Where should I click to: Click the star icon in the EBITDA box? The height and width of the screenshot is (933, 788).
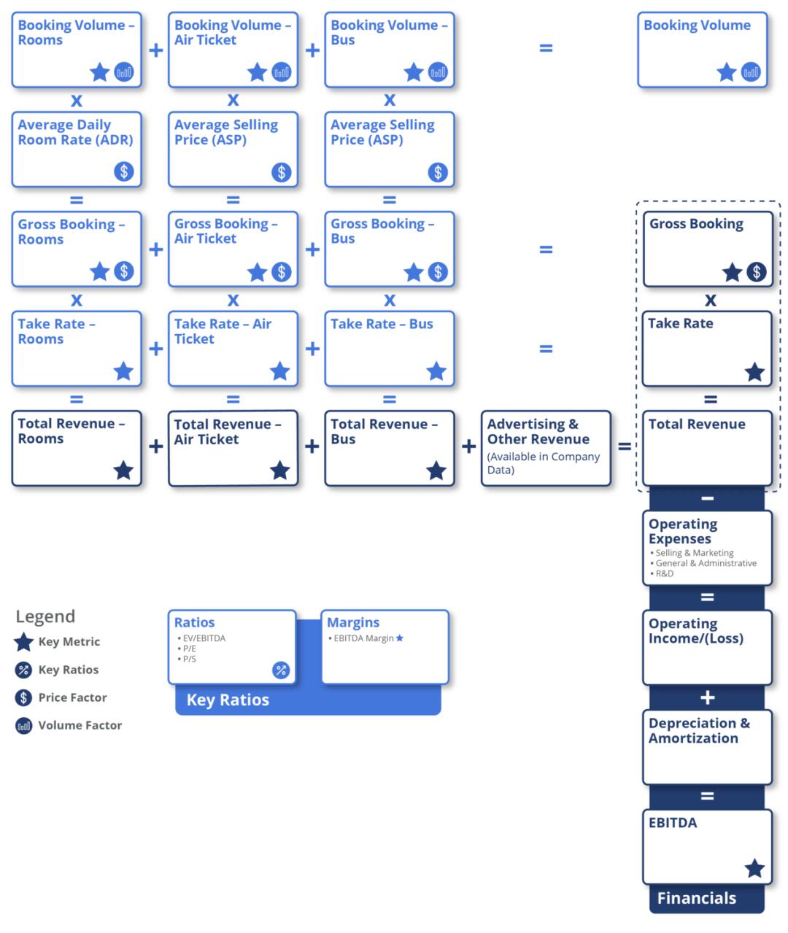(x=754, y=868)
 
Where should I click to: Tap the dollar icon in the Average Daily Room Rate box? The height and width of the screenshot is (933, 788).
(x=124, y=171)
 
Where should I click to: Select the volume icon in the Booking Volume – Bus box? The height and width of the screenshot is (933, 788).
(x=438, y=72)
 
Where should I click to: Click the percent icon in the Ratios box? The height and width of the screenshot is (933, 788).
(x=281, y=670)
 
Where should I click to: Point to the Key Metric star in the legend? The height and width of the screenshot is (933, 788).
(x=23, y=642)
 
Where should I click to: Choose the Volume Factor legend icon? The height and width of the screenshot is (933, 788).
(x=23, y=726)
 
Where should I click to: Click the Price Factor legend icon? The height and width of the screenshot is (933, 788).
(x=23, y=697)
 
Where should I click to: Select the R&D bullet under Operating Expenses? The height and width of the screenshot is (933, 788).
(x=662, y=573)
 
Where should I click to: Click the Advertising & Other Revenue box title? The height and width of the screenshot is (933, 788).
(x=538, y=431)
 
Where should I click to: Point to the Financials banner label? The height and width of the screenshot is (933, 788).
(x=696, y=898)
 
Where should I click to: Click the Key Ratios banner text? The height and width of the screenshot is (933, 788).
(x=228, y=700)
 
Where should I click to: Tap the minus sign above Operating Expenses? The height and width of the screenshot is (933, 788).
(x=707, y=498)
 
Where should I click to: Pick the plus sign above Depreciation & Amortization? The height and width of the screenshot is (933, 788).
(x=707, y=697)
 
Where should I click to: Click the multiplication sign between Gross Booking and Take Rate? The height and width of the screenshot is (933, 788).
(x=710, y=300)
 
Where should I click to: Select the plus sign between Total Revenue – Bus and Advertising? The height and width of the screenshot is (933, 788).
(x=468, y=446)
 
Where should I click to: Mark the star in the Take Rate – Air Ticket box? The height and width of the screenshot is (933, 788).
(x=279, y=371)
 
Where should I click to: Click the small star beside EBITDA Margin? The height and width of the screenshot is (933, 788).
(x=399, y=638)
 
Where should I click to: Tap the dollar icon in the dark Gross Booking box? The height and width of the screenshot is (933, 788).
(x=757, y=271)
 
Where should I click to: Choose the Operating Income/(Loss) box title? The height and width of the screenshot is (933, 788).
(x=695, y=631)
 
